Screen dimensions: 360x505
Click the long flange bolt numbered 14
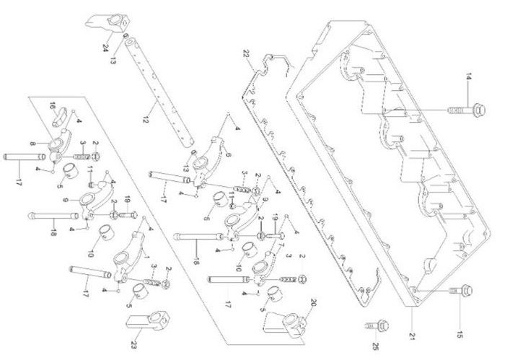[x=460, y=110]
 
